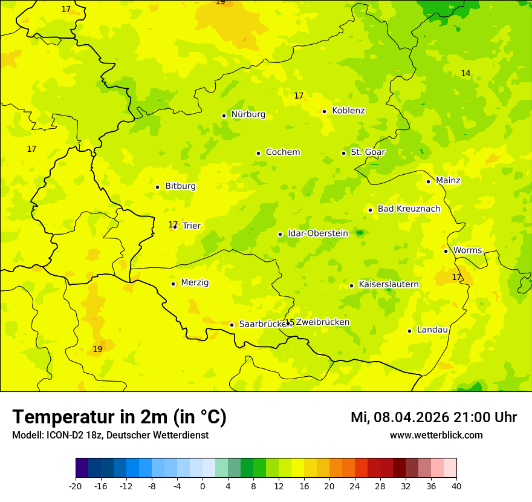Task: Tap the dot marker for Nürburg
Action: click(224, 116)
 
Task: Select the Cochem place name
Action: click(283, 152)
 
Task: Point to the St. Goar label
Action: click(368, 152)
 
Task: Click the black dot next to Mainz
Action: click(428, 181)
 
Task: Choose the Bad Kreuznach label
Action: click(409, 209)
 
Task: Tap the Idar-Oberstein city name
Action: click(318, 233)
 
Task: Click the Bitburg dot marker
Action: click(157, 187)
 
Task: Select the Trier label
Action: click(192, 226)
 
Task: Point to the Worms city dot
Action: click(446, 251)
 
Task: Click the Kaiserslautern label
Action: click(389, 285)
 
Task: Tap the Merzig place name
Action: click(195, 283)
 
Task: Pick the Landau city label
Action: click(432, 330)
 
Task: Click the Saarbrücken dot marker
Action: click(232, 325)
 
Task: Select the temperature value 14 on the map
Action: click(465, 74)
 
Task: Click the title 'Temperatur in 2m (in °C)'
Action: click(119, 417)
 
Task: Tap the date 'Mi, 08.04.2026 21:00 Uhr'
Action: click(433, 417)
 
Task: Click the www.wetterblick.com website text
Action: click(436, 435)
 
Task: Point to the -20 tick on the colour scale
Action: click(76, 486)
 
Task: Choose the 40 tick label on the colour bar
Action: click(456, 486)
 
